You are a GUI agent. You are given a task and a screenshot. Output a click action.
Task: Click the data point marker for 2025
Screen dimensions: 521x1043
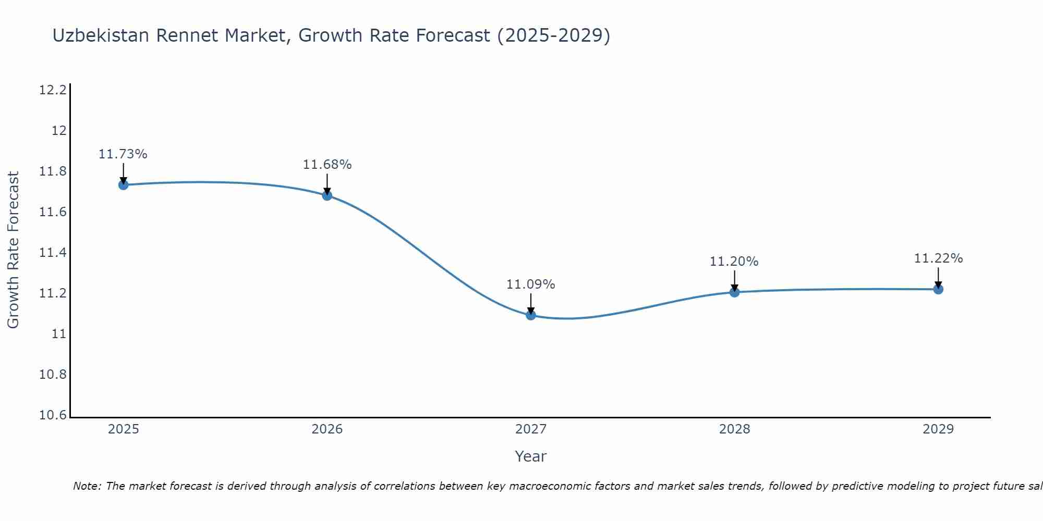(x=124, y=184)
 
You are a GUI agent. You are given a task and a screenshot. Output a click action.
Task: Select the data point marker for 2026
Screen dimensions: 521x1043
(x=327, y=195)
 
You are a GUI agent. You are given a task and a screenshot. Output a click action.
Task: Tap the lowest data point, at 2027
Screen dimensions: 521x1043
(x=531, y=315)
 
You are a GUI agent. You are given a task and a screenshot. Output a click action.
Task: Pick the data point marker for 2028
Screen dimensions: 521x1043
(x=734, y=292)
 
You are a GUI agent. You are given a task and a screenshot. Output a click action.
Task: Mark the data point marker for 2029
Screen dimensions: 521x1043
(x=938, y=289)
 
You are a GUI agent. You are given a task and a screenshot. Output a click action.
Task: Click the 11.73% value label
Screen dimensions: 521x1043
(x=123, y=154)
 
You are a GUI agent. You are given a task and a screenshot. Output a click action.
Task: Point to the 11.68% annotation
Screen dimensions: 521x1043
(x=327, y=165)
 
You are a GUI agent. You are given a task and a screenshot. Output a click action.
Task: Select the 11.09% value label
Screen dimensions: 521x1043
(x=531, y=284)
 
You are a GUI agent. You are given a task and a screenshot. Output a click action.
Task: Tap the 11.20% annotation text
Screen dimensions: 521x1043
(x=734, y=262)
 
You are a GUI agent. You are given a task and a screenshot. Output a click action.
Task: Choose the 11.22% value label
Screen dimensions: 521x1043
(x=938, y=258)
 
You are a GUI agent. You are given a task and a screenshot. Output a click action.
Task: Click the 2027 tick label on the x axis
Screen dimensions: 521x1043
(x=531, y=429)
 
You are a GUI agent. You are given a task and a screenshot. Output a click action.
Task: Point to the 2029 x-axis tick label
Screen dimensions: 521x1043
(x=938, y=429)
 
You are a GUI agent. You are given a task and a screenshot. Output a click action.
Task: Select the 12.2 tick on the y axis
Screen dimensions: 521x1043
(x=53, y=90)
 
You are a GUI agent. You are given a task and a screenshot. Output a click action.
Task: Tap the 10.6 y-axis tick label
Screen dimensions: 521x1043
(x=53, y=415)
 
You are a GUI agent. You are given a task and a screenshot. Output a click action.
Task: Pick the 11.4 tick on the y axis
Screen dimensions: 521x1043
(x=53, y=253)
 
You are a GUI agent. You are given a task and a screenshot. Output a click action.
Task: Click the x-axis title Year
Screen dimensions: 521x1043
(x=531, y=456)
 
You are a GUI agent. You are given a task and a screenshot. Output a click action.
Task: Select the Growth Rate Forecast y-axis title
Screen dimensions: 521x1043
(x=14, y=250)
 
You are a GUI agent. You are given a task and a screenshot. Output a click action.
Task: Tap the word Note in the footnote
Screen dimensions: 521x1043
(x=87, y=486)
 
